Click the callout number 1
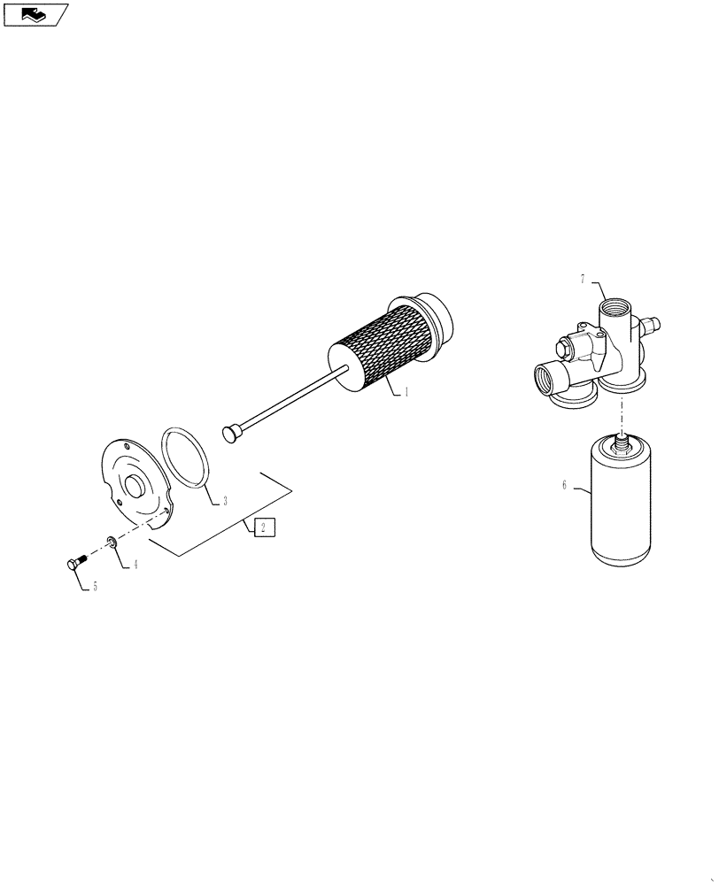[x=406, y=392]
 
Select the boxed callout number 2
[x=264, y=528]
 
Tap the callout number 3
[x=225, y=501]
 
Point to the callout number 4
[x=135, y=564]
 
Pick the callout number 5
[x=96, y=585]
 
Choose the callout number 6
[x=564, y=485]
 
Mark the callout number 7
[x=583, y=280]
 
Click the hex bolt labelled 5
[x=74, y=561]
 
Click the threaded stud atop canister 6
[x=622, y=441]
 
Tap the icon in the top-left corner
[x=35, y=15]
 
